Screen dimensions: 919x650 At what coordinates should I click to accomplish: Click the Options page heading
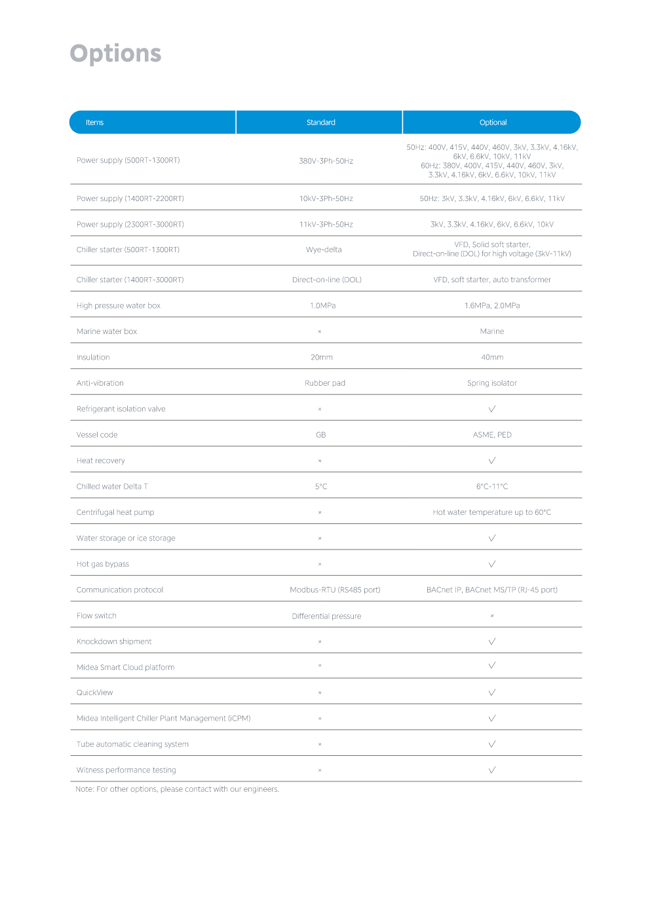115,54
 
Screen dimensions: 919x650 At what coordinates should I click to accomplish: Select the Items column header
94,122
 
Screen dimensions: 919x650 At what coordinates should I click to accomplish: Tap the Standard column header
320,122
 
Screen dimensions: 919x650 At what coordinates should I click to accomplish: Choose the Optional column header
493,122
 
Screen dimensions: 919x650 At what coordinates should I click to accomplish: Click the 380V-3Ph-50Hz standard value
326,161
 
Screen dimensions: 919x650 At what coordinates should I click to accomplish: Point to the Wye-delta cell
324,250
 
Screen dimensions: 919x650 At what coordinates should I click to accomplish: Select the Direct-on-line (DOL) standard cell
326,280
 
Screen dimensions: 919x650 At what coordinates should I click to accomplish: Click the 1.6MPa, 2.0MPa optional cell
491,306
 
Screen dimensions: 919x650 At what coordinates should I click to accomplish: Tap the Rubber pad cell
324,383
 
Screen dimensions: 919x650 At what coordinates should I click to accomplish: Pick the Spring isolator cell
491,383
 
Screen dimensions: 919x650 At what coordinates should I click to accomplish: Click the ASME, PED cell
491,435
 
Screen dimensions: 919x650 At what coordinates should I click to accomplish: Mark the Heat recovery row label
100,460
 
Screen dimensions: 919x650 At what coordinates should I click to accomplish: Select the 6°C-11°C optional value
491,487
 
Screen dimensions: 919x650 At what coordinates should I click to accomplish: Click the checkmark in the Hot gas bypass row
491,564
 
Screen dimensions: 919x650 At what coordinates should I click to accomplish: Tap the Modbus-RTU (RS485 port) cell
335,590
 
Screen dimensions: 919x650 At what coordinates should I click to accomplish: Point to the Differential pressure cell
326,616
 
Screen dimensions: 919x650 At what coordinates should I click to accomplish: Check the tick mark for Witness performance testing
491,770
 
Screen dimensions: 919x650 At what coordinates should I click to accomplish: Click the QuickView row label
94,692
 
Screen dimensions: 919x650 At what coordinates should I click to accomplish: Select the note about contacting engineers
177,789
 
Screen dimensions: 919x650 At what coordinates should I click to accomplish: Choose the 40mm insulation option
491,358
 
